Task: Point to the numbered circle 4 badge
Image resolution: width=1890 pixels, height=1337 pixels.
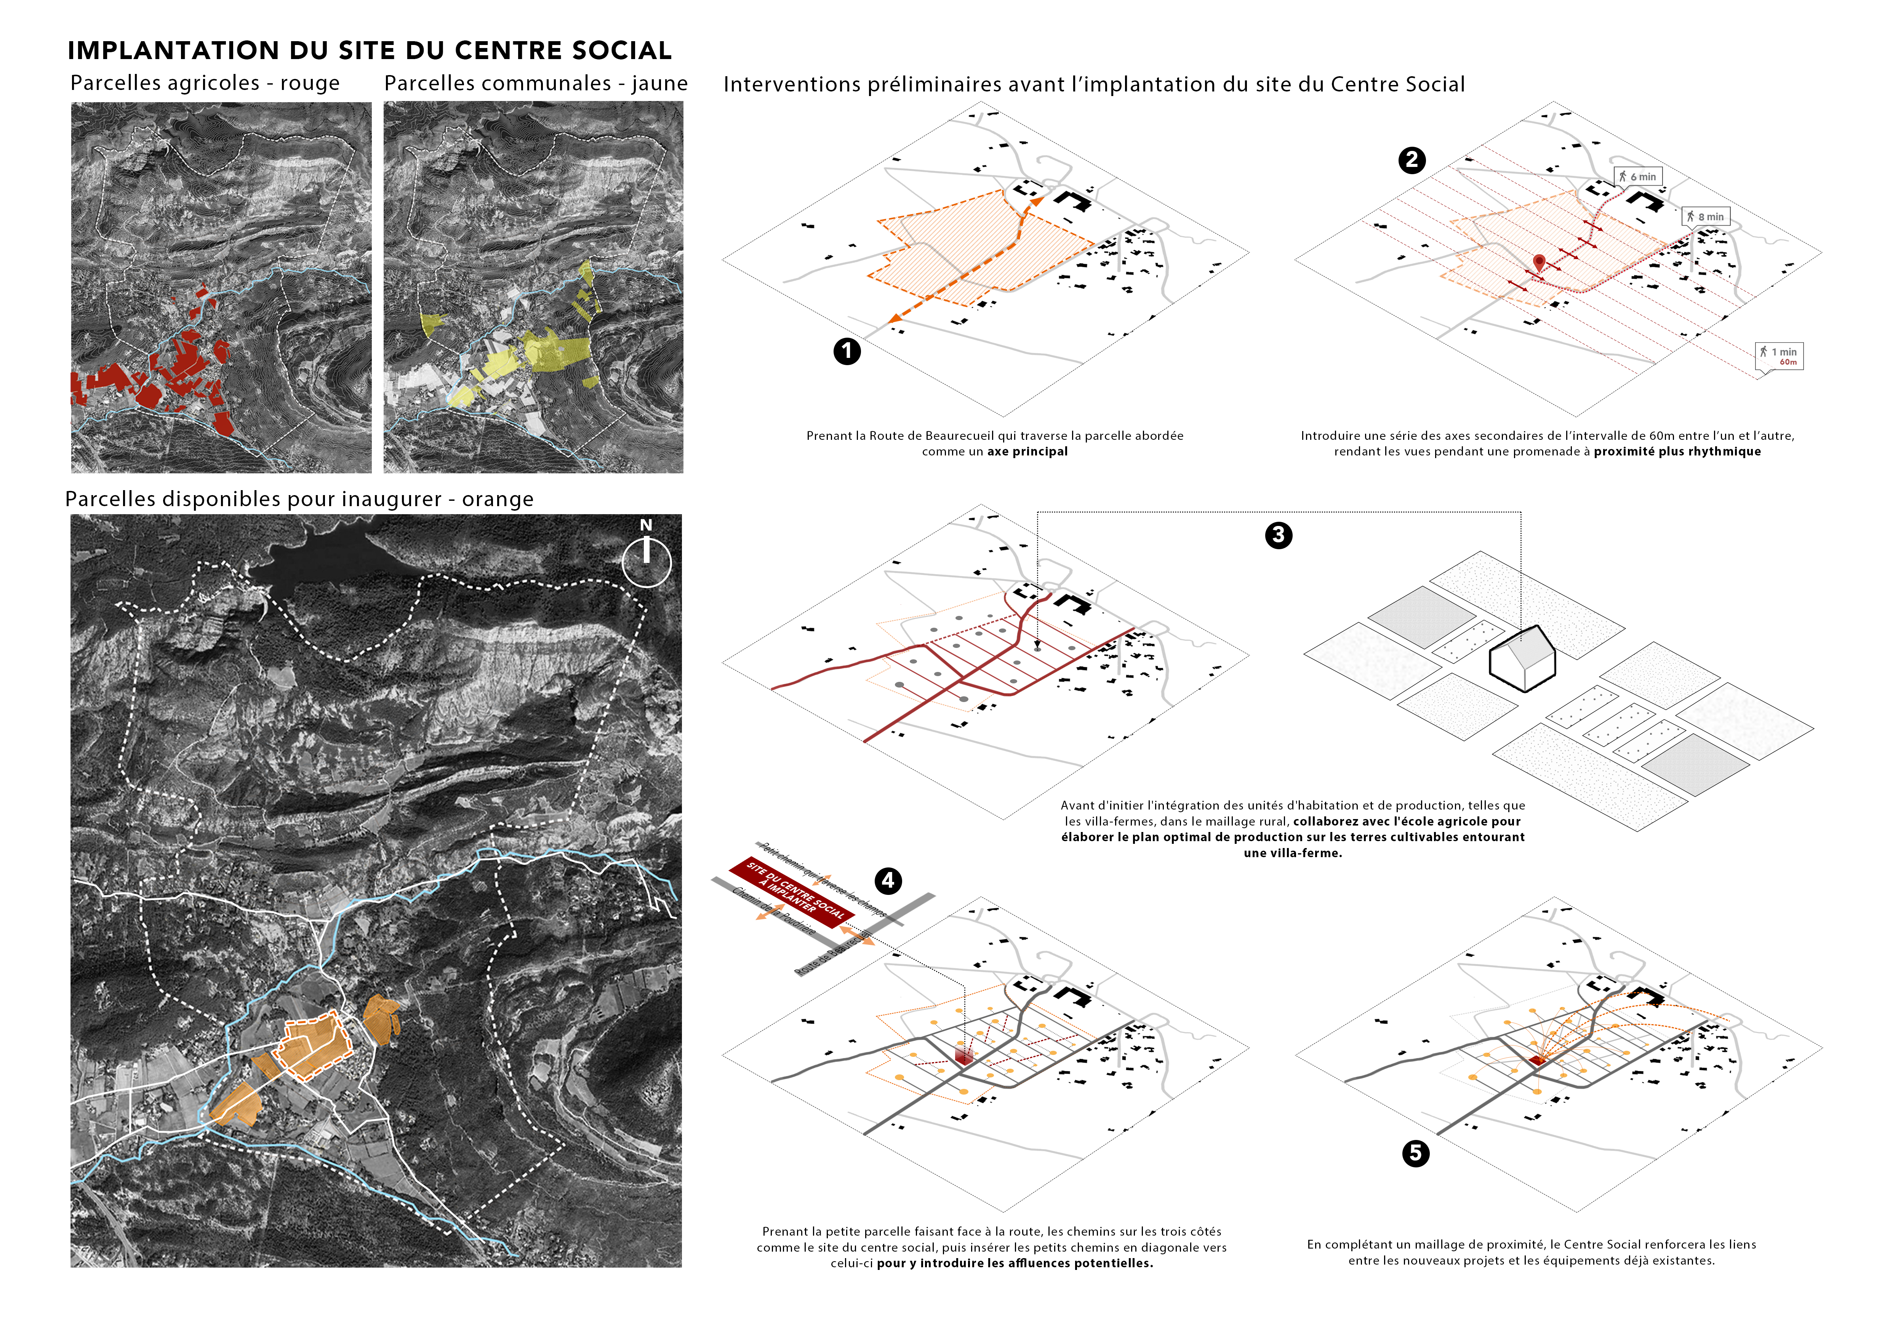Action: [x=887, y=881]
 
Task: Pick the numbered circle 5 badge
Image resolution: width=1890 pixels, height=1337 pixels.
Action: [x=1415, y=1153]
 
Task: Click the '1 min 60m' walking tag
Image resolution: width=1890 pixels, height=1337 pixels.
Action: [x=1780, y=356]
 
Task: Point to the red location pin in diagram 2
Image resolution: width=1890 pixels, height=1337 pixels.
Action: [x=1538, y=263]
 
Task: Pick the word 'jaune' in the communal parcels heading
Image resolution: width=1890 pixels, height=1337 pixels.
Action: [x=659, y=83]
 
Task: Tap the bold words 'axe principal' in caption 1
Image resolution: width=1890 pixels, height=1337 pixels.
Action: [x=1027, y=451]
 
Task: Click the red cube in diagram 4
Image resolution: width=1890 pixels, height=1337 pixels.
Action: [x=963, y=1055]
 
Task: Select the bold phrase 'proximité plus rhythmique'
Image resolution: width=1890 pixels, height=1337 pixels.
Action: [x=1677, y=451]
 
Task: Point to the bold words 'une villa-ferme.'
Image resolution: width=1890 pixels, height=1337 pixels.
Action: [x=1292, y=853]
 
